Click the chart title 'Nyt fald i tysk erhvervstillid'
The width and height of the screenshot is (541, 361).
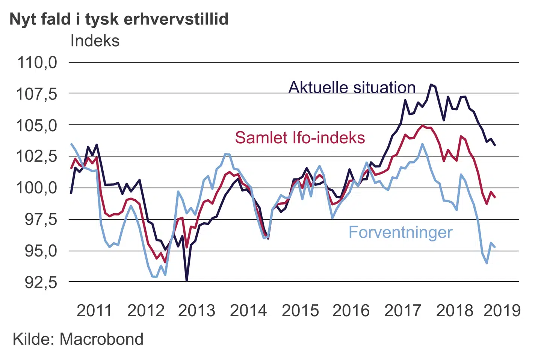[119, 19]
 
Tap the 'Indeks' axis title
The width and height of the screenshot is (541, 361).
[95, 41]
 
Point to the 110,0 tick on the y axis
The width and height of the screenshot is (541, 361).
[37, 62]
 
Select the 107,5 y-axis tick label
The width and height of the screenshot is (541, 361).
[37, 94]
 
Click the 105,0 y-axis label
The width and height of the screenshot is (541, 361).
[37, 125]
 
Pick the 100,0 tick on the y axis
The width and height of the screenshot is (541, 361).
[37, 187]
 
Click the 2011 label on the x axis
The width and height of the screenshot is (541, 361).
[94, 311]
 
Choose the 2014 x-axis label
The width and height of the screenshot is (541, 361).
[248, 311]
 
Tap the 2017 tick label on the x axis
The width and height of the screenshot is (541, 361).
[403, 311]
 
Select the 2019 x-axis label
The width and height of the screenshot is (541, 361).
[502, 311]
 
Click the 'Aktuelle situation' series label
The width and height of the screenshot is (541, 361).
[352, 87]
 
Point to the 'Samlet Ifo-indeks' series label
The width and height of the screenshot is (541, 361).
[300, 138]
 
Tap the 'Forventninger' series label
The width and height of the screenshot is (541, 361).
[400, 232]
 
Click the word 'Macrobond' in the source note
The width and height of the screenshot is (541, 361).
[101, 339]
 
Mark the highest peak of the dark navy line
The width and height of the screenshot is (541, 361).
[431, 85]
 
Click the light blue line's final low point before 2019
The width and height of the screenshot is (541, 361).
[487, 263]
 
